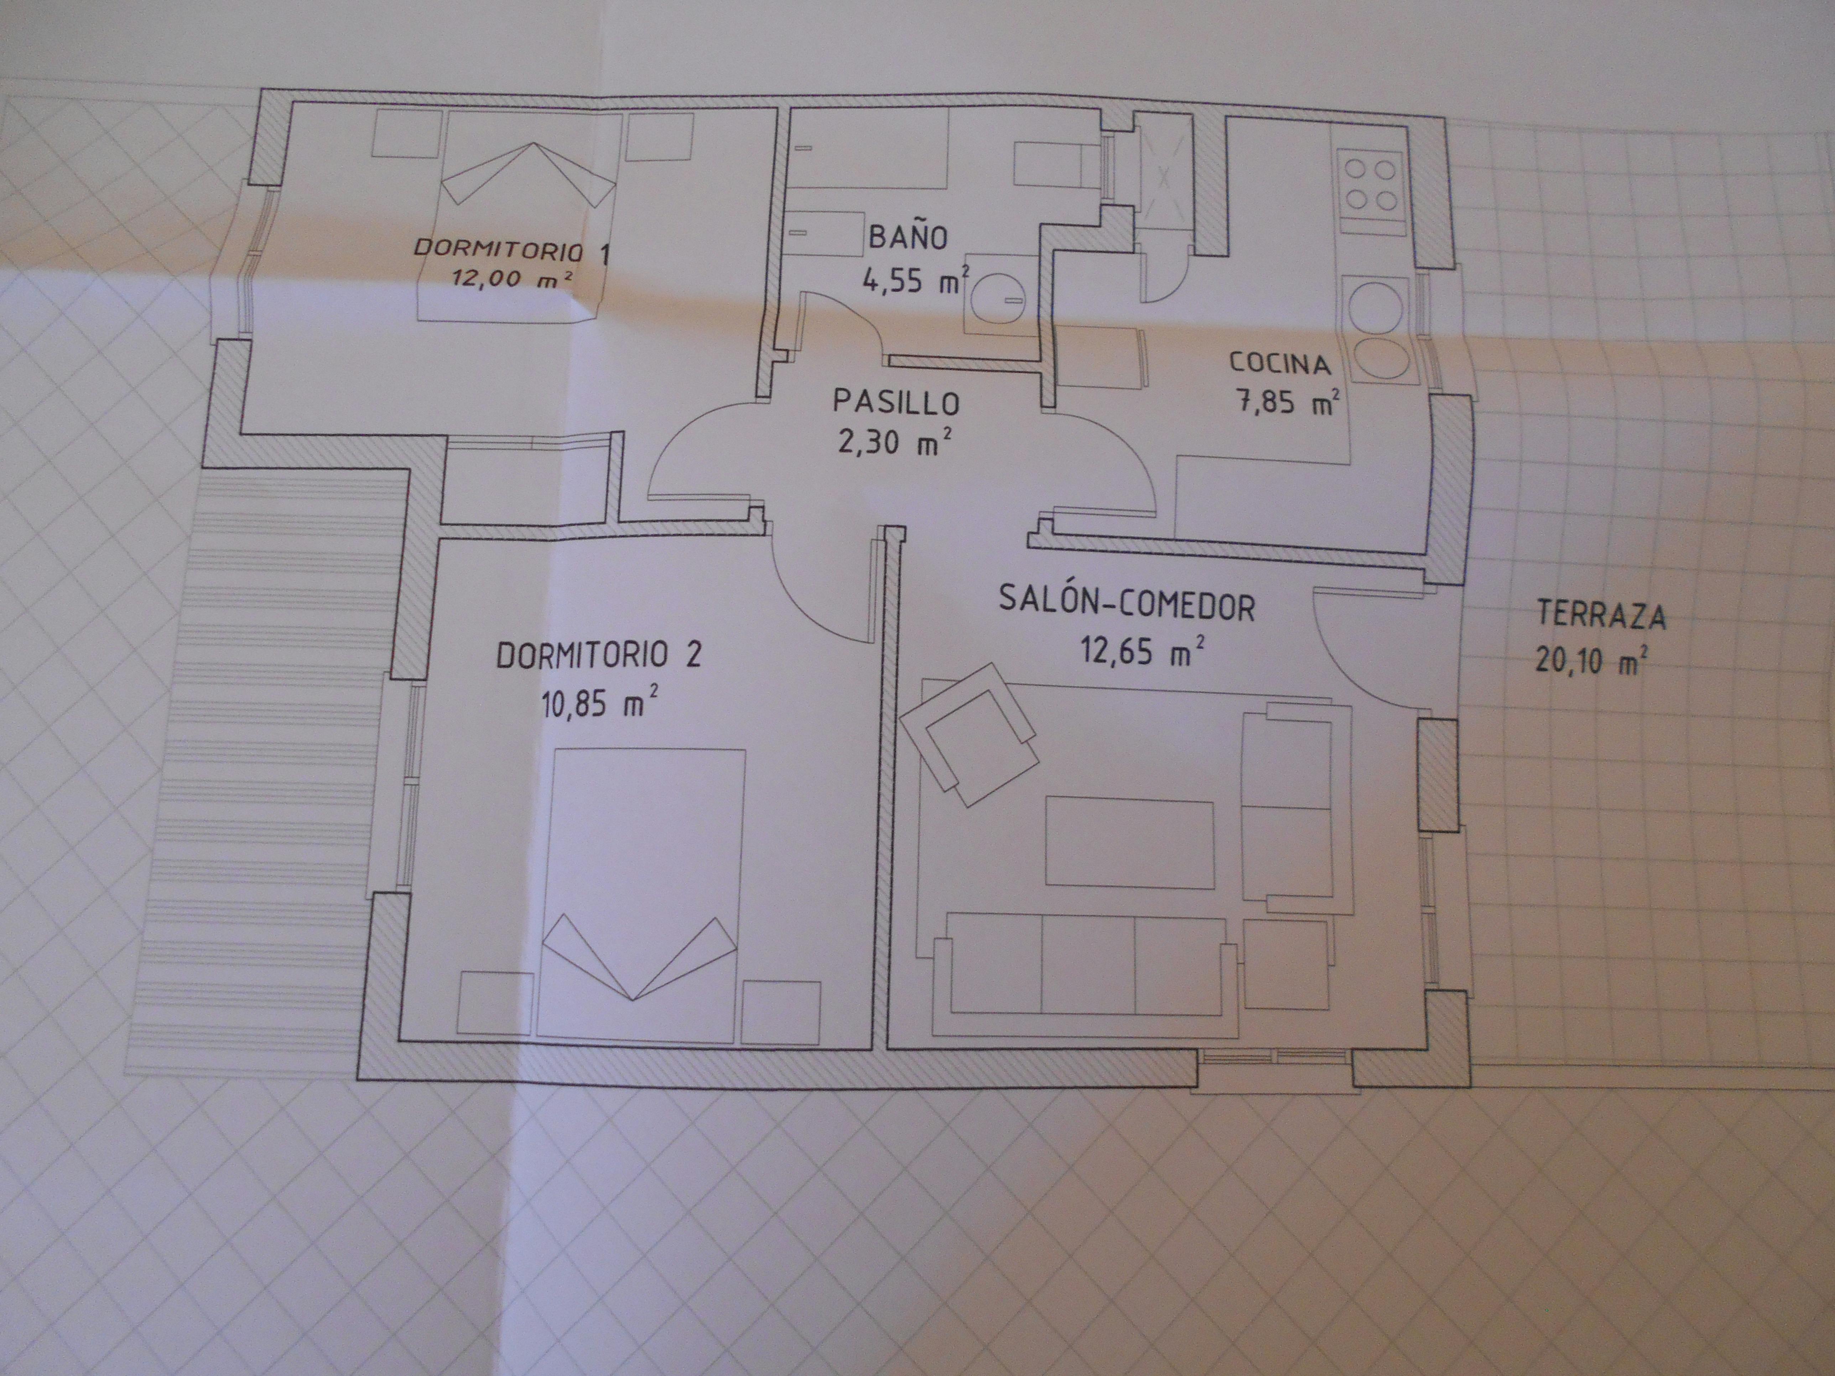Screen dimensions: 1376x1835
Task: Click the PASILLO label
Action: point(896,403)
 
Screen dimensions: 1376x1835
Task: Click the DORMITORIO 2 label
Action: point(598,655)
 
